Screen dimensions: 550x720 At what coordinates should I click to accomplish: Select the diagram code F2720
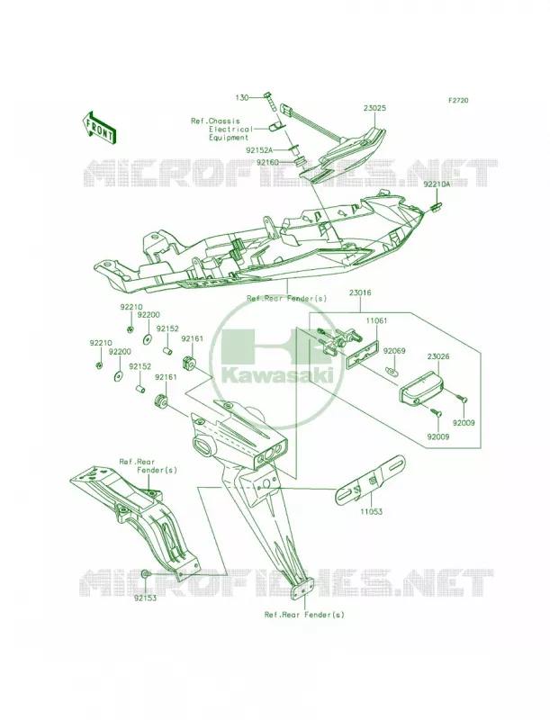click(458, 100)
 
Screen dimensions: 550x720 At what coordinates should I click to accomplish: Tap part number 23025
click(374, 109)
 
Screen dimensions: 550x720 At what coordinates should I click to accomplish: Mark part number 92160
click(267, 162)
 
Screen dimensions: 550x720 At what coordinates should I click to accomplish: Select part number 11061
click(376, 320)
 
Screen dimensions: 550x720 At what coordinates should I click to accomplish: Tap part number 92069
click(394, 351)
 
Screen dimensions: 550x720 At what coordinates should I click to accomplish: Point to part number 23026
click(438, 355)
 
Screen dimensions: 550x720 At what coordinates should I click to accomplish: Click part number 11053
click(372, 511)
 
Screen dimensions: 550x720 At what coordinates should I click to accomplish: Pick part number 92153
click(145, 598)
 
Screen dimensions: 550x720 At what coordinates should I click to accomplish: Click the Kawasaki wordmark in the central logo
click(283, 375)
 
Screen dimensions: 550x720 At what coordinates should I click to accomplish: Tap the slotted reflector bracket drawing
click(371, 479)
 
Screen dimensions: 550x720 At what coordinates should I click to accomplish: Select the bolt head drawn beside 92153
click(145, 573)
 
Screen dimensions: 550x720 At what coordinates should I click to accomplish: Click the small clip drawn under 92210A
click(435, 206)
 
